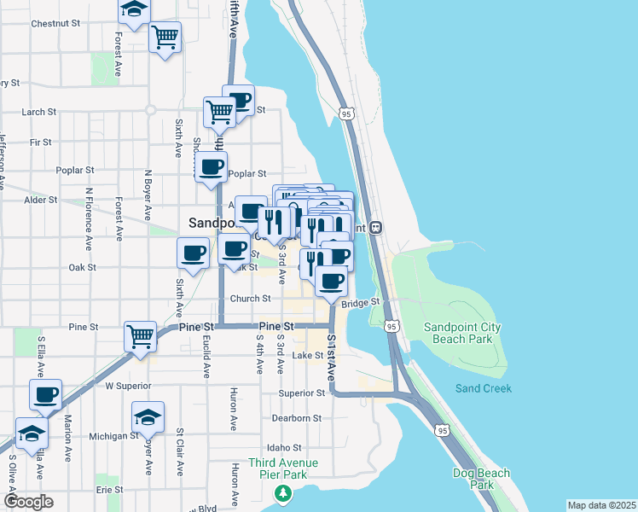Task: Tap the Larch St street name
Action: point(38,112)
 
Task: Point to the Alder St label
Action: point(40,200)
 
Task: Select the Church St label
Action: point(250,299)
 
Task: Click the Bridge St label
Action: point(360,303)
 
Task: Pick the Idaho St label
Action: point(284,447)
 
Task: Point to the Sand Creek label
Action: point(483,388)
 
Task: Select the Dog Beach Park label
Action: point(481,479)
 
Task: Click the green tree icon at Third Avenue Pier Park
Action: point(282,493)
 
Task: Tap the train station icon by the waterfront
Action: point(377,228)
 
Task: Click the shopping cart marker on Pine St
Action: point(140,335)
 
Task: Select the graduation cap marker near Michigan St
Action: point(148,416)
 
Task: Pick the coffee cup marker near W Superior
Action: point(45,394)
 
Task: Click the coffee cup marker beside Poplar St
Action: point(211,166)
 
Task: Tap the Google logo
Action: point(28,502)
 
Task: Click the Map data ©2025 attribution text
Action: point(600,505)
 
